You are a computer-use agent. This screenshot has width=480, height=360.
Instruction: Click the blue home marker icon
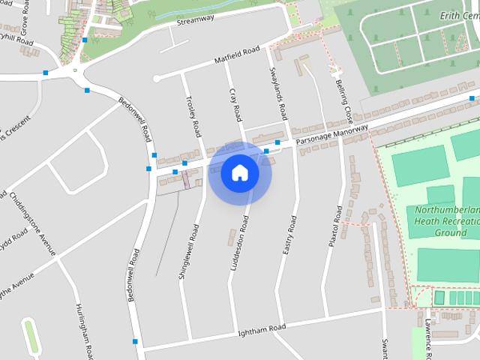click(x=240, y=173)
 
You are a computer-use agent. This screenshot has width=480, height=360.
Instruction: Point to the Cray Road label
click(x=236, y=105)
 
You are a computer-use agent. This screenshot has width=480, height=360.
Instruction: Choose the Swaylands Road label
click(x=278, y=94)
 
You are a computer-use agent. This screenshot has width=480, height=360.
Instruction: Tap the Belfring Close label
click(x=344, y=102)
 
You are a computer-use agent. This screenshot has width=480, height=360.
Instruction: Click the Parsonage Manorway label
click(x=331, y=135)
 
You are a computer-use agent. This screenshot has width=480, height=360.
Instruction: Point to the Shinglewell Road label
click(x=188, y=250)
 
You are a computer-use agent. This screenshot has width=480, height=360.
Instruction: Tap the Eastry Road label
click(x=290, y=235)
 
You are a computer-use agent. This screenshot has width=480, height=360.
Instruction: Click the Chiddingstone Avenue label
click(x=32, y=223)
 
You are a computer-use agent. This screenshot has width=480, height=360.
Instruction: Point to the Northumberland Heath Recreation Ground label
click(x=446, y=221)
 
